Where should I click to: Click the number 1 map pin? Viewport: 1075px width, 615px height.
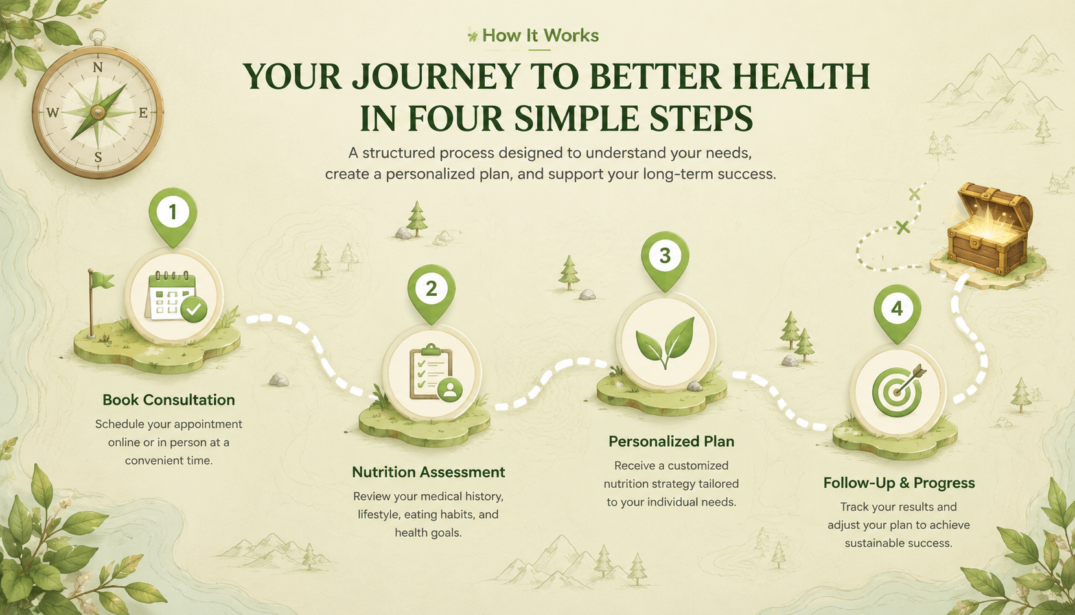(x=173, y=216)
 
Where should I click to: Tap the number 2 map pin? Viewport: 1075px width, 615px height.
(x=432, y=292)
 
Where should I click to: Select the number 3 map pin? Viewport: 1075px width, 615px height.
(x=665, y=259)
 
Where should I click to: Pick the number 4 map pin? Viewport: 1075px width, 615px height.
(x=897, y=312)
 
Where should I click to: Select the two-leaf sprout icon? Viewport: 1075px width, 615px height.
(x=665, y=342)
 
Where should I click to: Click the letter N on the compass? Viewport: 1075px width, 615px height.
(x=97, y=67)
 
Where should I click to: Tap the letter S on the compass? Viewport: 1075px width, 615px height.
(x=98, y=156)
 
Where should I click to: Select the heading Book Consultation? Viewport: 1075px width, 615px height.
(x=169, y=400)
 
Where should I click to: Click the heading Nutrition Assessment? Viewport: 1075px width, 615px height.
(x=428, y=472)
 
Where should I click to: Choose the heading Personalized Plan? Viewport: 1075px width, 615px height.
(x=671, y=441)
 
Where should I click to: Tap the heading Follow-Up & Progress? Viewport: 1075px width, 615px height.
(x=899, y=483)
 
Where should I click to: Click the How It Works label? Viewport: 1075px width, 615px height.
(x=540, y=36)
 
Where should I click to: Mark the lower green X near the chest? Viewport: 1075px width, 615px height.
(x=903, y=227)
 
